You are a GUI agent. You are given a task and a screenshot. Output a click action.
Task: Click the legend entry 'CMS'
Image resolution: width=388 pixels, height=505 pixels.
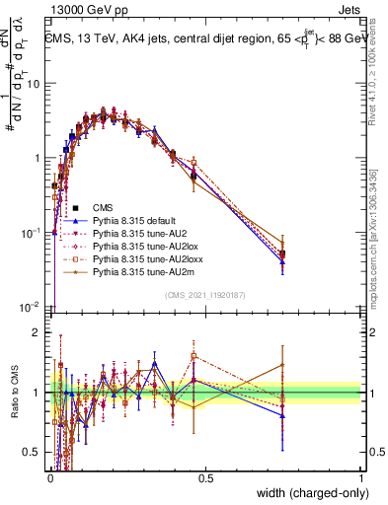[103, 208]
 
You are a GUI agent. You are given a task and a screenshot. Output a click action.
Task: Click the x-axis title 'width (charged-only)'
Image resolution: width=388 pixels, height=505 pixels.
[306, 493]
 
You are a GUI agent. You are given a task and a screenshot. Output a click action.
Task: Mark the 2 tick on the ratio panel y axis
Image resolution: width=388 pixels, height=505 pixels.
[39, 332]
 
